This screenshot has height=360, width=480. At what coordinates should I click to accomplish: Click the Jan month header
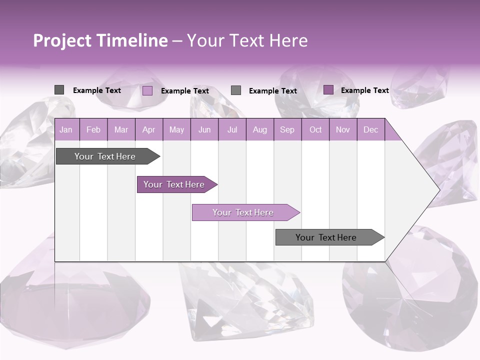point(66,129)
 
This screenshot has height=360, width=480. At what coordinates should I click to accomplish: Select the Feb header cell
point(93,129)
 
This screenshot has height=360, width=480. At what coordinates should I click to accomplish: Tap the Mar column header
point(121,129)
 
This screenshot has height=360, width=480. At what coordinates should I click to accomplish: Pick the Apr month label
point(149,129)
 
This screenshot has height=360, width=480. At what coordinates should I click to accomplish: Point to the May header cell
point(176,129)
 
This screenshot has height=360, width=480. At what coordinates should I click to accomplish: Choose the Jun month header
point(204,129)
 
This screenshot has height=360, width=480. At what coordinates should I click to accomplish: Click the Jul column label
point(232,129)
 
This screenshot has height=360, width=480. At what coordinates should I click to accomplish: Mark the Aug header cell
point(260,129)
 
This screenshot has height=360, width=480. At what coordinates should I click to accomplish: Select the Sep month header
point(287,129)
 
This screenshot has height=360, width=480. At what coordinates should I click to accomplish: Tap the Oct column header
point(315,129)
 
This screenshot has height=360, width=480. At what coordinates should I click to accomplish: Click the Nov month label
point(343,129)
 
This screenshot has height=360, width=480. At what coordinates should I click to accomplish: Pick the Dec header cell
point(371,129)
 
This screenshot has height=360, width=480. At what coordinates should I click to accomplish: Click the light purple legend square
point(147,90)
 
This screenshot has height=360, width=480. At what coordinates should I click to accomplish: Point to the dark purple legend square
point(328,90)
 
